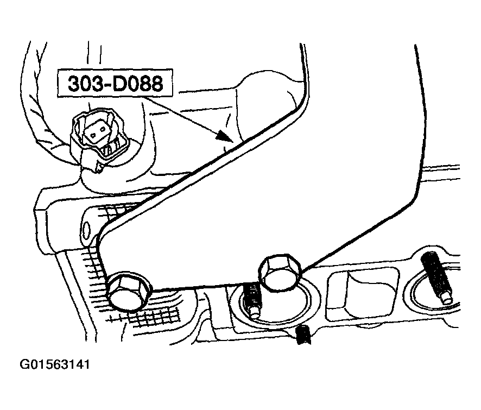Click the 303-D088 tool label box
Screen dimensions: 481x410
click(x=115, y=83)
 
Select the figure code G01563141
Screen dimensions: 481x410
click(x=55, y=364)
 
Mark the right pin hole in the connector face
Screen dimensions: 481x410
click(x=102, y=134)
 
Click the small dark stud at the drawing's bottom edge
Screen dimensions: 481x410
click(x=303, y=335)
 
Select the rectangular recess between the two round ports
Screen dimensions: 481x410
click(x=362, y=293)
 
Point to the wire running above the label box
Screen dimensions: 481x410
click(x=94, y=55)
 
